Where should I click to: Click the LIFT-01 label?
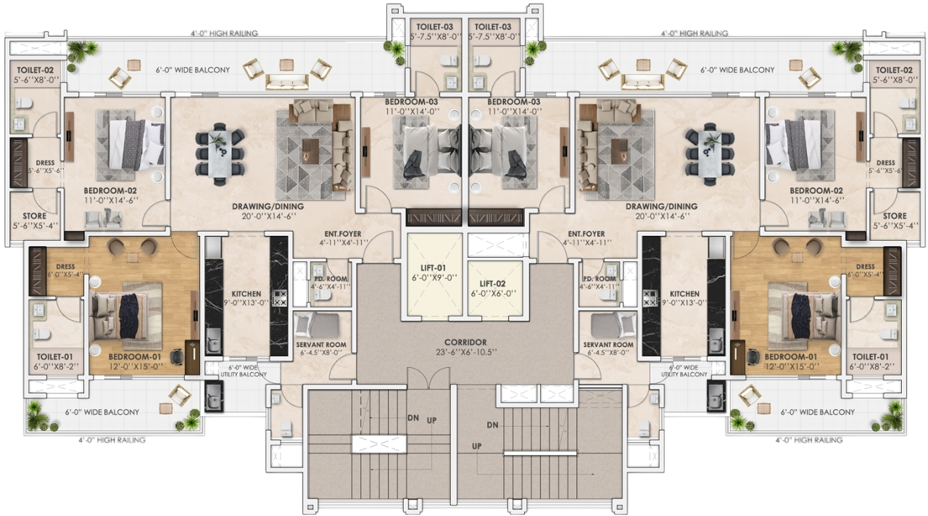click(433, 268)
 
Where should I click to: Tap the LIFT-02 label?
click(492, 284)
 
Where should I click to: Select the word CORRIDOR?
click(465, 343)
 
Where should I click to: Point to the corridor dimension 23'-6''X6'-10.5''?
click(466, 352)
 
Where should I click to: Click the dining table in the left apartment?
click(219, 152)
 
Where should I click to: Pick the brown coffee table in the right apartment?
click(619, 152)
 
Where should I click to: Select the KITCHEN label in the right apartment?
click(684, 294)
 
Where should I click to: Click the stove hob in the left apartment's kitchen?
click(279, 298)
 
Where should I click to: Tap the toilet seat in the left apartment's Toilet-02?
click(22, 103)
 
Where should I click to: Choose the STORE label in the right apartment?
click(895, 216)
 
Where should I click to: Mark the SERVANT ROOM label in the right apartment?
click(608, 344)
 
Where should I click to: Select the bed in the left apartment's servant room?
click(317, 325)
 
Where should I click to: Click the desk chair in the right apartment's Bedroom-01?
click(753, 356)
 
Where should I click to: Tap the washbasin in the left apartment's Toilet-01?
click(38, 310)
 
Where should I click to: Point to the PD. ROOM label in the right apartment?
click(599, 279)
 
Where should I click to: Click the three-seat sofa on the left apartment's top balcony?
click(286, 82)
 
